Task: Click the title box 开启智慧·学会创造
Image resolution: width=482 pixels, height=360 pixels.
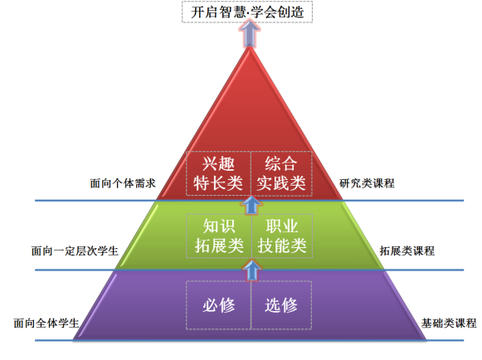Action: [247, 12]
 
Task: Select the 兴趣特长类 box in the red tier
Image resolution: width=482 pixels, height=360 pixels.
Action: [218, 173]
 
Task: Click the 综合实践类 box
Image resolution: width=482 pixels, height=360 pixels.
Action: [281, 173]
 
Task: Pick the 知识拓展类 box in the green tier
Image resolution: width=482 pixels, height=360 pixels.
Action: [219, 236]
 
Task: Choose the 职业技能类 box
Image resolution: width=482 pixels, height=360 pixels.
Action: [282, 236]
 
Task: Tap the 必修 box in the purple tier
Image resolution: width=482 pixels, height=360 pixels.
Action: [218, 305]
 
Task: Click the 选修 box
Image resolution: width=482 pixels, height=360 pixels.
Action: [281, 305]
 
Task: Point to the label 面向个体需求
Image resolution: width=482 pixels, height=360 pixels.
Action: [123, 183]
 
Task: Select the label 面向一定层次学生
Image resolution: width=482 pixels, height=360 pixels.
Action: [75, 251]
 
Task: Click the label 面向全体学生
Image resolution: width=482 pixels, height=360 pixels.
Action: [46, 324]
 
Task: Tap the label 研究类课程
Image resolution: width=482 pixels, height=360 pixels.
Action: [367, 183]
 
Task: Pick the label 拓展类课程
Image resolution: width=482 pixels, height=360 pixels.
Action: [407, 251]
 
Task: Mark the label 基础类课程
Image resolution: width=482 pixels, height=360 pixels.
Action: [449, 324]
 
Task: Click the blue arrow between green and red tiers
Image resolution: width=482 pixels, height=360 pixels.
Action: [251, 204]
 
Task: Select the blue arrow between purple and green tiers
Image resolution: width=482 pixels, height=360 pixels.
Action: [251, 270]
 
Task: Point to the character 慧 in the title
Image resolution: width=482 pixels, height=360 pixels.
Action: [239, 12]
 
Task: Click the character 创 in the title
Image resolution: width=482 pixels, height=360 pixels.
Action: [284, 12]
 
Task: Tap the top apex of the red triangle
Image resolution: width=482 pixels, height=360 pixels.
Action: [250, 47]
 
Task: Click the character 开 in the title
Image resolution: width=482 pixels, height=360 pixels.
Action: [197, 12]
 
